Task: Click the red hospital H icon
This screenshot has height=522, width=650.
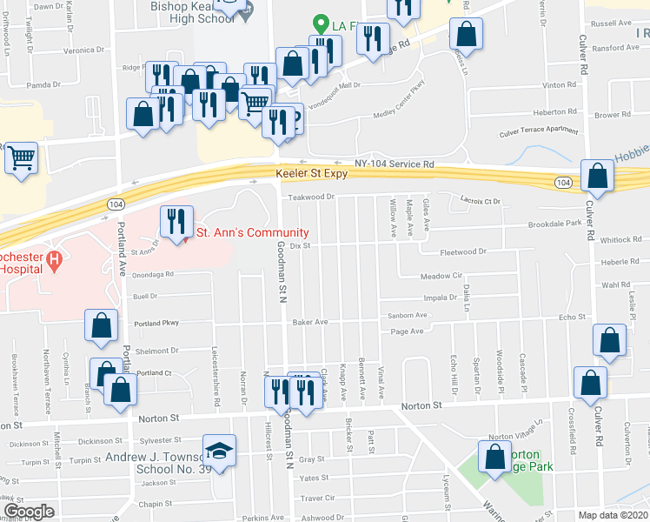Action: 53,259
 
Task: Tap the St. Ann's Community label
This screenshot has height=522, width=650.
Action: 252,232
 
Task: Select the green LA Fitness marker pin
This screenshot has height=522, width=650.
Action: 320,25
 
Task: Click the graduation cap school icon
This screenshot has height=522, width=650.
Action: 219,451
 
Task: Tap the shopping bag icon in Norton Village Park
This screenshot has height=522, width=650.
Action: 494,455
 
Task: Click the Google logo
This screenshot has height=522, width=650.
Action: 30,512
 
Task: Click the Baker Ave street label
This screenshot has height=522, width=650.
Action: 309,322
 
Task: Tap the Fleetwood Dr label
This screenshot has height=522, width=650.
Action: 464,252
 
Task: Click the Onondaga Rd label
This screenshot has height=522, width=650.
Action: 152,274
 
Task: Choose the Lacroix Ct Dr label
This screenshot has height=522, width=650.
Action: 482,201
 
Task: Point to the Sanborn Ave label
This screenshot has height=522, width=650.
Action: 408,316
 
